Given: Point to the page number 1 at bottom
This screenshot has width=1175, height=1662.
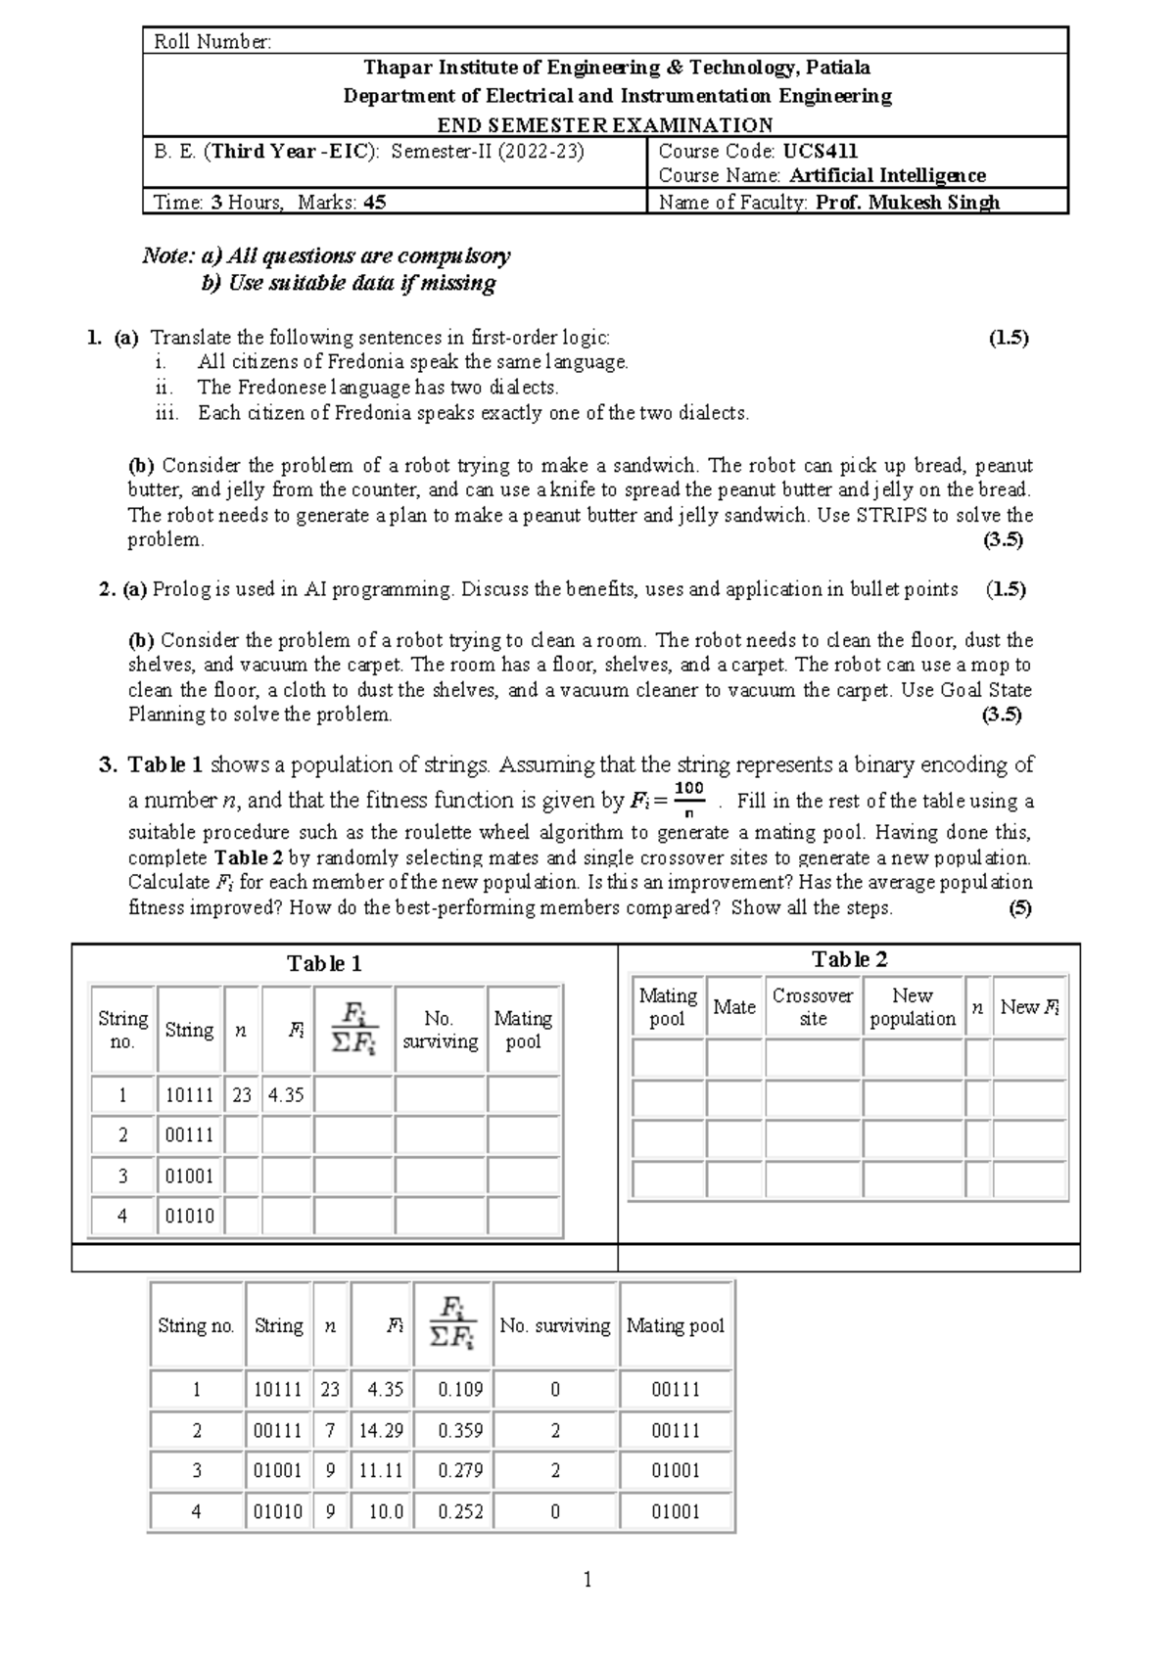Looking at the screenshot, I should (587, 1579).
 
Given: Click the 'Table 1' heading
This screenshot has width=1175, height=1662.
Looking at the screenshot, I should (324, 964).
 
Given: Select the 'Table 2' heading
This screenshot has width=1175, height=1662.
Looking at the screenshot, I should (849, 960).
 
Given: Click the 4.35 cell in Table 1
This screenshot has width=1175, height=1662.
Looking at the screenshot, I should (286, 1095).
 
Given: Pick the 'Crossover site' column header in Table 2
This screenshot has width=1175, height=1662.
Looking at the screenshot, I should (813, 1007).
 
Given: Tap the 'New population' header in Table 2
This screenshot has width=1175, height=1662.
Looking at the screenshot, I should (913, 1007).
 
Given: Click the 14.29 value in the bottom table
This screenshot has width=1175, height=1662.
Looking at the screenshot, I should (381, 1430).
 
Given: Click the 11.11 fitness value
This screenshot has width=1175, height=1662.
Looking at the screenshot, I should (381, 1470).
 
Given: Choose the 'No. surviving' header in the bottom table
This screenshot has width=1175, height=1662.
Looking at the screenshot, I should (554, 1326).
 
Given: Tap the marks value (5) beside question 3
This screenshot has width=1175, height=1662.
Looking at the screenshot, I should (1020, 907).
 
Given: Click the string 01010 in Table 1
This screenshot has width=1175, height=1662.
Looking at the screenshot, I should (189, 1216).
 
